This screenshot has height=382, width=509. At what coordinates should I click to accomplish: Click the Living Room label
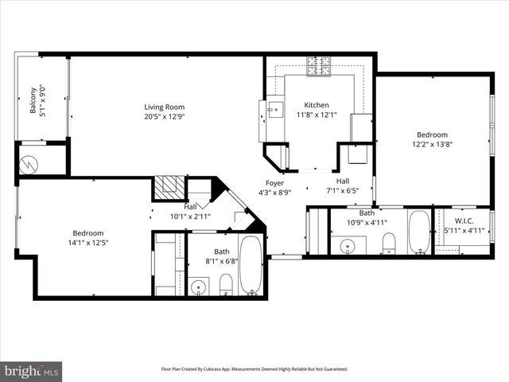point(164,107)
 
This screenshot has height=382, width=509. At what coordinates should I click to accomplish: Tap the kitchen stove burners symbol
point(319,68)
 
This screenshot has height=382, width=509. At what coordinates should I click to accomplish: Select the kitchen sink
point(274,110)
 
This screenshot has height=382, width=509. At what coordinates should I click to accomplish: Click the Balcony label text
point(33,99)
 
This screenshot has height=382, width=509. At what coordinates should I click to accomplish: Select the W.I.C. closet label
point(463,221)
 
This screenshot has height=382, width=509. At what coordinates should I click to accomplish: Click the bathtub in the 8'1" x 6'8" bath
point(251,265)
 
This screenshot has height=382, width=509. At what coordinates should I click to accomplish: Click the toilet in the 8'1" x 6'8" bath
point(225,284)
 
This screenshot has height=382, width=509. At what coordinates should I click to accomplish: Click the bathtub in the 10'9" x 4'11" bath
point(418,232)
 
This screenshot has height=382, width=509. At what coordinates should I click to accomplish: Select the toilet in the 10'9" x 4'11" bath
point(389,242)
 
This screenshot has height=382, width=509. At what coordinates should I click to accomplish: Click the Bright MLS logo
point(32,370)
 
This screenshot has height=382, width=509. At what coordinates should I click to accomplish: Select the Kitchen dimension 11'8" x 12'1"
point(317,115)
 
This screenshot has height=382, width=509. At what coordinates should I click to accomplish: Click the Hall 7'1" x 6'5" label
point(343,185)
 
